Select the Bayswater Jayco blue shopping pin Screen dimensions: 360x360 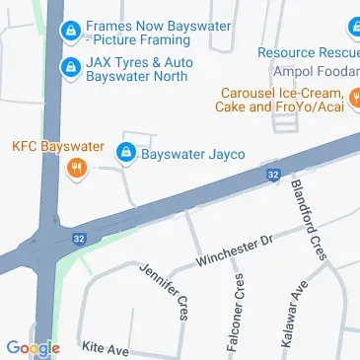point(126,154)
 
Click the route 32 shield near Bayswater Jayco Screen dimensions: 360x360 point(272,175)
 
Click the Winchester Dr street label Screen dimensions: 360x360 point(232,250)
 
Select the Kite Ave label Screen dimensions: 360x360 point(107,349)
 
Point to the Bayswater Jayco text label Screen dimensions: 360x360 point(193,154)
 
